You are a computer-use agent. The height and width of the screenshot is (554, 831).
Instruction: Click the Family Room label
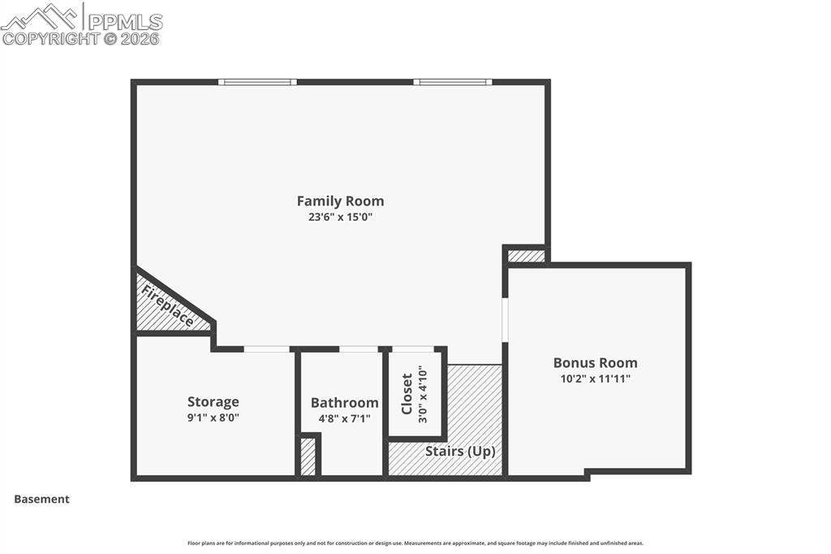point(340,201)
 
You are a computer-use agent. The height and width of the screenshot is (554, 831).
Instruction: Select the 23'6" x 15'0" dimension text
point(340,217)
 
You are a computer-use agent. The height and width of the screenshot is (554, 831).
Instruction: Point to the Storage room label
point(213,401)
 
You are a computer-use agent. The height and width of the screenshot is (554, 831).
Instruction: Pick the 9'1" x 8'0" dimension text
point(213,418)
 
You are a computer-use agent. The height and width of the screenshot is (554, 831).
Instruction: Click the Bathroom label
point(344,402)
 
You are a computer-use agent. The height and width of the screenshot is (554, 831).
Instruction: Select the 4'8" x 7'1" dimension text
point(344,419)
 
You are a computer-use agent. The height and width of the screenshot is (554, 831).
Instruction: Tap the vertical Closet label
point(407,394)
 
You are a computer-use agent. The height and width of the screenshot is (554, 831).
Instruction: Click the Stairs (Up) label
point(460,451)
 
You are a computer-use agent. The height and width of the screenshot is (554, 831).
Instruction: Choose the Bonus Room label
point(595,362)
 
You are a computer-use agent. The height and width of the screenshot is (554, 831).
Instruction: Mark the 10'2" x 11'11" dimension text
point(595,379)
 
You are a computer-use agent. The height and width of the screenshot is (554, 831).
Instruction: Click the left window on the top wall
point(257,82)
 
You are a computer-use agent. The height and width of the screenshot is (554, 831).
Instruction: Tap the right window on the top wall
point(452,82)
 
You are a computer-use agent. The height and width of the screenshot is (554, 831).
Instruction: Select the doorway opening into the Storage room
point(267,349)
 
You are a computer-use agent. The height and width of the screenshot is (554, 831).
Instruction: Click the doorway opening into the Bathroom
point(359,349)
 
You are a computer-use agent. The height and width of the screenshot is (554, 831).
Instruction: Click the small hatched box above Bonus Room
point(526,256)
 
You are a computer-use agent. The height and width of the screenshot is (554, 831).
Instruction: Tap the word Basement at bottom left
point(41,500)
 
